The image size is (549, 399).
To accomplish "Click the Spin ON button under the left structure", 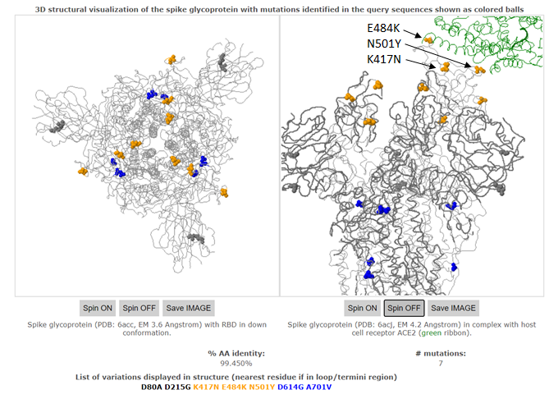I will pyautogui.click(x=97, y=308).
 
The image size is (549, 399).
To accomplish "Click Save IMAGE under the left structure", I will pyautogui.click(x=188, y=308).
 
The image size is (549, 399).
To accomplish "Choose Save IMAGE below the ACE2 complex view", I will pyautogui.click(x=452, y=308).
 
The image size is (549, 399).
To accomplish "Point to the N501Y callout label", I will pyautogui.click(x=385, y=44).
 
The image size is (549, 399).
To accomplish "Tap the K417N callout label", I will pyautogui.click(x=385, y=60).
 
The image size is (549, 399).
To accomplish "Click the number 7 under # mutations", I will pyautogui.click(x=440, y=362).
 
